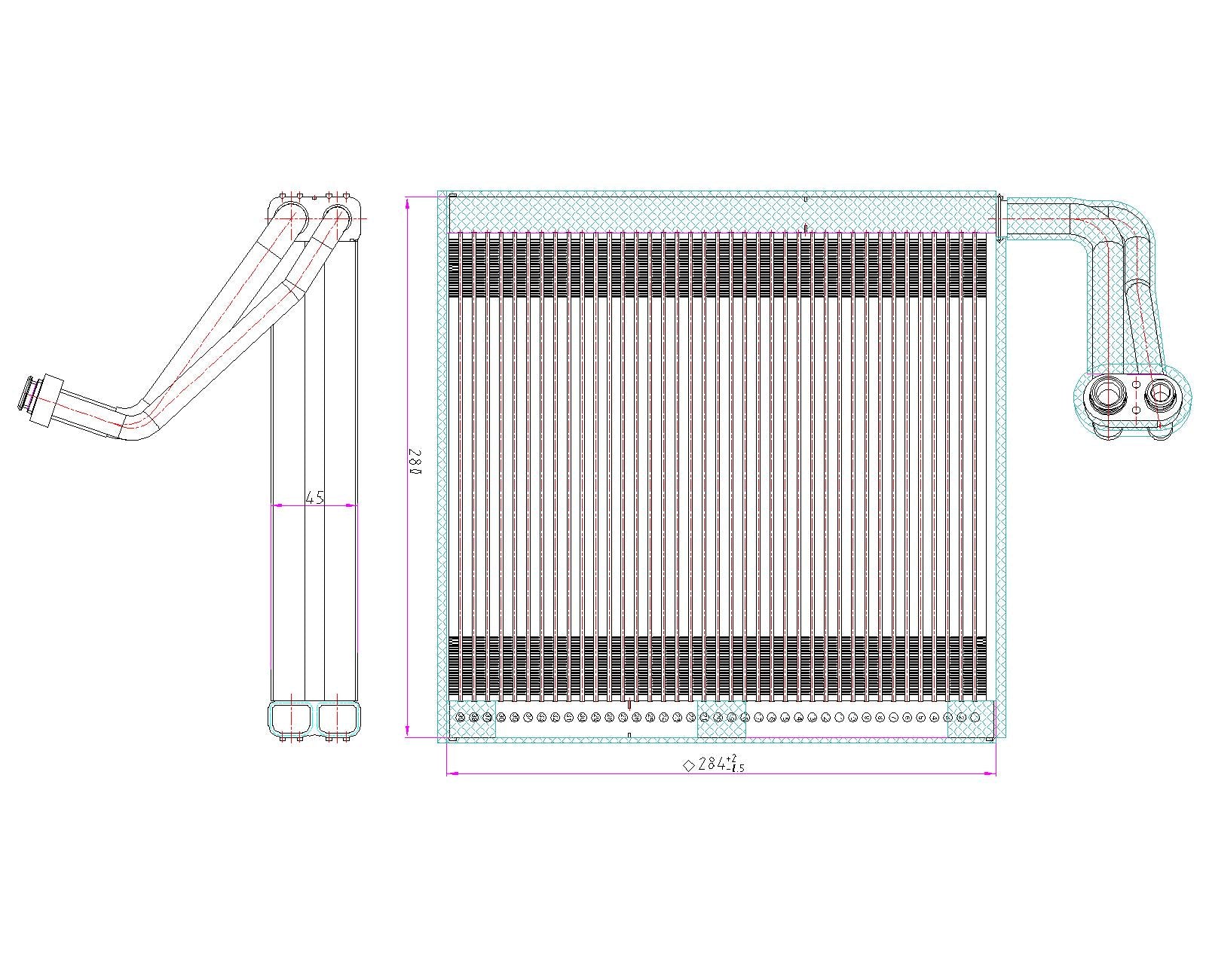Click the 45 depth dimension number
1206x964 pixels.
[x=314, y=497]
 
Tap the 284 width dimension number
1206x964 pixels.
[x=712, y=764]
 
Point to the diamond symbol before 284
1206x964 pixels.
[x=688, y=765]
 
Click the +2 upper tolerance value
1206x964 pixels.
[x=732, y=758]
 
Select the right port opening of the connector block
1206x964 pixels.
[x=1159, y=392]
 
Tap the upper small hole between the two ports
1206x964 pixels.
[x=1136, y=385]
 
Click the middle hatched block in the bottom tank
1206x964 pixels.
[x=721, y=719]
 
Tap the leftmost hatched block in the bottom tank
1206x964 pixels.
[x=472, y=719]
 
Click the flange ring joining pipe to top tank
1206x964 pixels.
[x=999, y=218]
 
